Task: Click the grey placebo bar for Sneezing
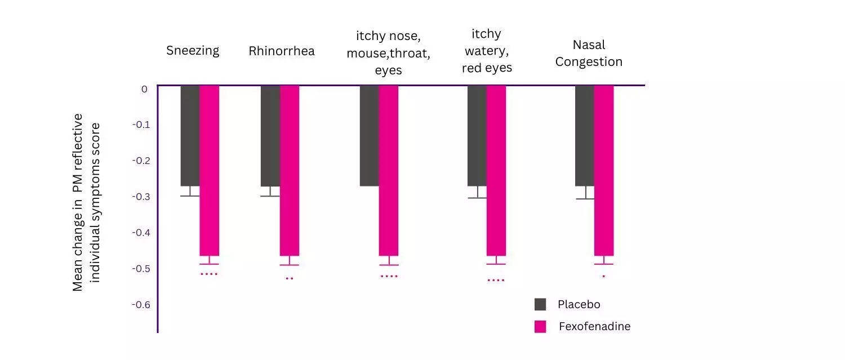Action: pyautogui.click(x=190, y=135)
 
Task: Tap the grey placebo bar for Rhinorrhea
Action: pyautogui.click(x=270, y=135)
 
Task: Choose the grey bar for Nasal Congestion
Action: pyautogui.click(x=584, y=135)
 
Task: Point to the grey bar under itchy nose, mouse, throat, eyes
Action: pyautogui.click(x=369, y=135)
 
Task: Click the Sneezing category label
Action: pyautogui.click(x=193, y=51)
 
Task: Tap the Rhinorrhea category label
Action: pyautogui.click(x=282, y=51)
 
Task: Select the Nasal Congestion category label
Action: pyautogui.click(x=589, y=53)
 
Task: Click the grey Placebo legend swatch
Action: pyautogui.click(x=540, y=305)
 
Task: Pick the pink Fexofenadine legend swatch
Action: pyautogui.click(x=540, y=327)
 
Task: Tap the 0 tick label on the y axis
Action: pyautogui.click(x=144, y=89)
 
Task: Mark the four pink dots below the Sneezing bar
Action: pyautogui.click(x=209, y=274)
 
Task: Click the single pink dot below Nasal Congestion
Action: pyautogui.click(x=603, y=276)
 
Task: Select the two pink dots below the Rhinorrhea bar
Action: pyautogui.click(x=290, y=278)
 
